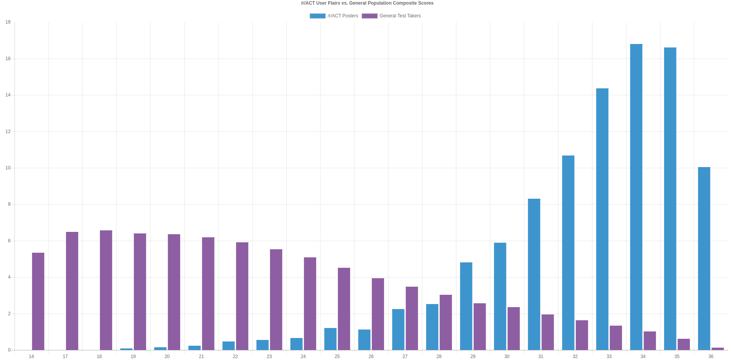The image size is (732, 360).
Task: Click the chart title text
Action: (x=367, y=3)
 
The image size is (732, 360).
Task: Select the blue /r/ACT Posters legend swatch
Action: (x=317, y=16)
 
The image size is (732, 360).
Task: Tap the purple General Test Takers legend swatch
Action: (x=369, y=16)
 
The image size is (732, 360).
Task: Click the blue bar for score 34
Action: (x=636, y=197)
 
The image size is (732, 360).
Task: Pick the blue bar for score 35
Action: (x=670, y=199)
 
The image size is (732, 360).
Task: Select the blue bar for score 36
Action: (x=704, y=259)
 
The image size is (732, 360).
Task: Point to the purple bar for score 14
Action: (x=38, y=301)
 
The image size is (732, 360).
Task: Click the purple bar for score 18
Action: (x=106, y=290)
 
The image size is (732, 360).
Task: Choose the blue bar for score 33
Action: (x=602, y=219)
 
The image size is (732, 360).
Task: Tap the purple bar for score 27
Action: (x=412, y=318)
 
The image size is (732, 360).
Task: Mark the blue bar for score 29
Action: (x=466, y=306)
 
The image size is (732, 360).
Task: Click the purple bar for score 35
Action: (x=683, y=345)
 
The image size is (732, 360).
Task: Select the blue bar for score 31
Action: (x=534, y=274)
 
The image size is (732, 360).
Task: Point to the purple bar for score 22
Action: (x=242, y=296)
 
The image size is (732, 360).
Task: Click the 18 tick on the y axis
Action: (x=8, y=22)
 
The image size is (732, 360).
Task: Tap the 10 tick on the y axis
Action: (x=8, y=168)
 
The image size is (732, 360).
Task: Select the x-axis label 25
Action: (x=337, y=357)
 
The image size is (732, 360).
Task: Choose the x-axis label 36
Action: (x=710, y=357)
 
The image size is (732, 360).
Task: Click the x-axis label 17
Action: (x=65, y=357)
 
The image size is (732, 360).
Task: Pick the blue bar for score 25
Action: (x=330, y=339)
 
